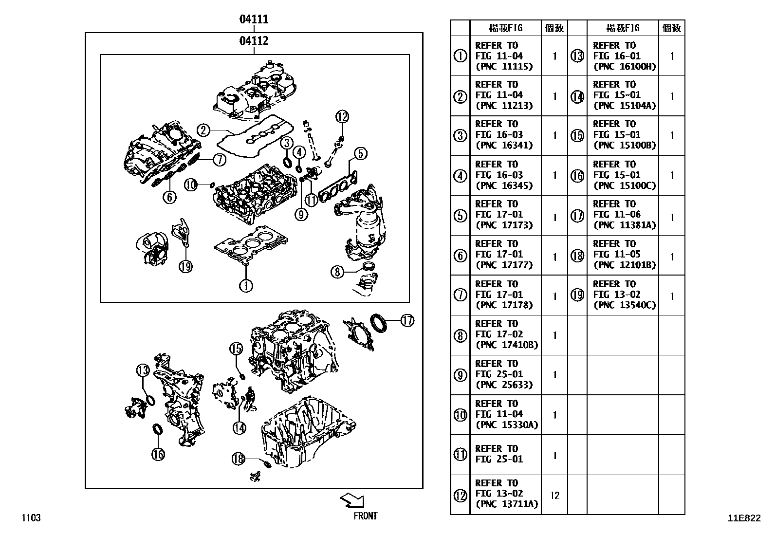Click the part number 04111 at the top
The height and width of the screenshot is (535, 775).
tap(254, 19)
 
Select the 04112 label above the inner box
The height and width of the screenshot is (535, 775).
tap(254, 41)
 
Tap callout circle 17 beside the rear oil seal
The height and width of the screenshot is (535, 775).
tap(407, 320)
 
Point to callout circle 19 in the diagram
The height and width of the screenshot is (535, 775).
tap(185, 266)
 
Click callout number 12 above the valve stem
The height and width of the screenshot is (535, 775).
tap(342, 117)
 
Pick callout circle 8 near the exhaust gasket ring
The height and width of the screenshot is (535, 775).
tap(337, 272)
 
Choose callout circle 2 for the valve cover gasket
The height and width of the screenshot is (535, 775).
tap(203, 130)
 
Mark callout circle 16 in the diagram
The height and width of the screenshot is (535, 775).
tap(158, 454)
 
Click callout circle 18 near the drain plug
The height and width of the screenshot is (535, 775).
tap(238, 458)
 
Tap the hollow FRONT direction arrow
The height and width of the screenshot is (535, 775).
tap(352, 500)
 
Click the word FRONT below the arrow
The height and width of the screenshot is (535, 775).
tap(365, 516)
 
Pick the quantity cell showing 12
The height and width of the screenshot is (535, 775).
tap(554, 495)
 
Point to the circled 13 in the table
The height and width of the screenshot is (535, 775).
tap(577, 56)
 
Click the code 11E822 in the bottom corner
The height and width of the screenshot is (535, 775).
tap(744, 518)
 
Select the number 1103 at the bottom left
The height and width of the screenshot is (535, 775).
tap(31, 517)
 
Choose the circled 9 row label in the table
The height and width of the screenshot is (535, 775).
tap(460, 375)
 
